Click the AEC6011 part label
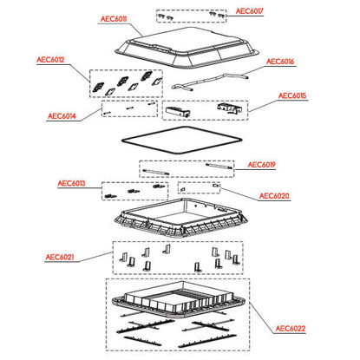click(114, 19)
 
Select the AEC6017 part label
click(249, 11)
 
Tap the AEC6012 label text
click(50, 60)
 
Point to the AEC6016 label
click(280, 62)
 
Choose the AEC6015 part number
click(292, 95)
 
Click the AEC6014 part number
click(62, 116)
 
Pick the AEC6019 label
click(261, 165)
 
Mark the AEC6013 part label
click(71, 183)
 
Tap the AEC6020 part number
click(274, 196)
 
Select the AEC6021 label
click(60, 257)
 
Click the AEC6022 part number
click(291, 329)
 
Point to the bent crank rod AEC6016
click(210, 82)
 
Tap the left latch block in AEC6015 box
click(178, 111)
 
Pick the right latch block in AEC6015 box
click(230, 108)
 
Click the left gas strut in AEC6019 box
click(156, 172)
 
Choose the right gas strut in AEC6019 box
click(219, 166)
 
